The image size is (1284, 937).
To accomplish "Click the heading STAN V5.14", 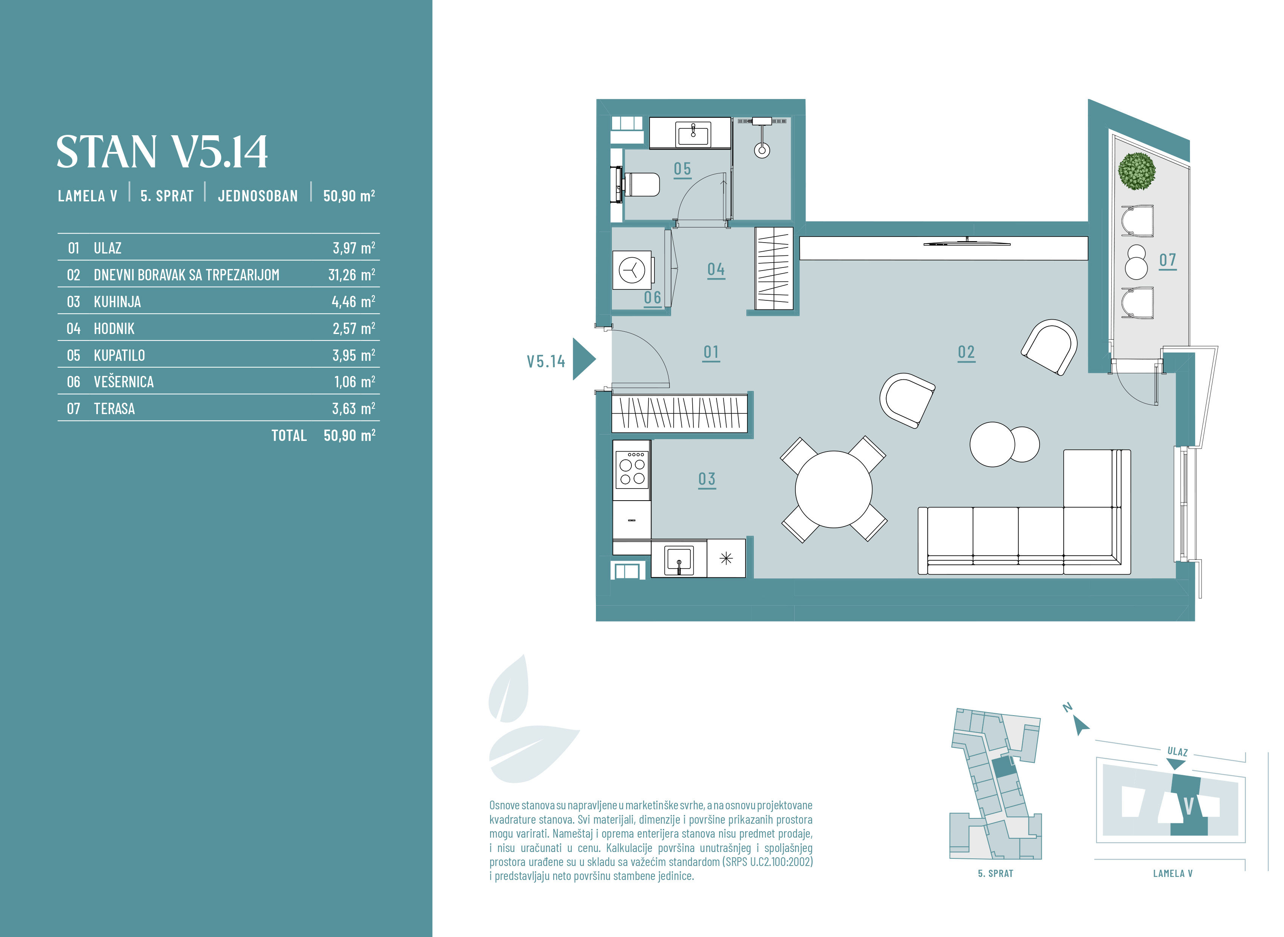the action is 162,152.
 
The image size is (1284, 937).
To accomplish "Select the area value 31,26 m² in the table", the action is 352,275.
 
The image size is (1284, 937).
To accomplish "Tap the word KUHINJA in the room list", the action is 118,302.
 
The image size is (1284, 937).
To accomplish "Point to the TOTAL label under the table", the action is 289,436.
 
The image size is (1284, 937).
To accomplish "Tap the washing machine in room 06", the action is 632,270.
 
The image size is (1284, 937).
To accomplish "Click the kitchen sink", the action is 679,560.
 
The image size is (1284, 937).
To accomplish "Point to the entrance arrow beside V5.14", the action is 583,359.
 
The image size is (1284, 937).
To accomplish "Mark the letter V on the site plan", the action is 1189,806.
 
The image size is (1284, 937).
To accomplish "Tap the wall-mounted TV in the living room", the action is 967,243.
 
